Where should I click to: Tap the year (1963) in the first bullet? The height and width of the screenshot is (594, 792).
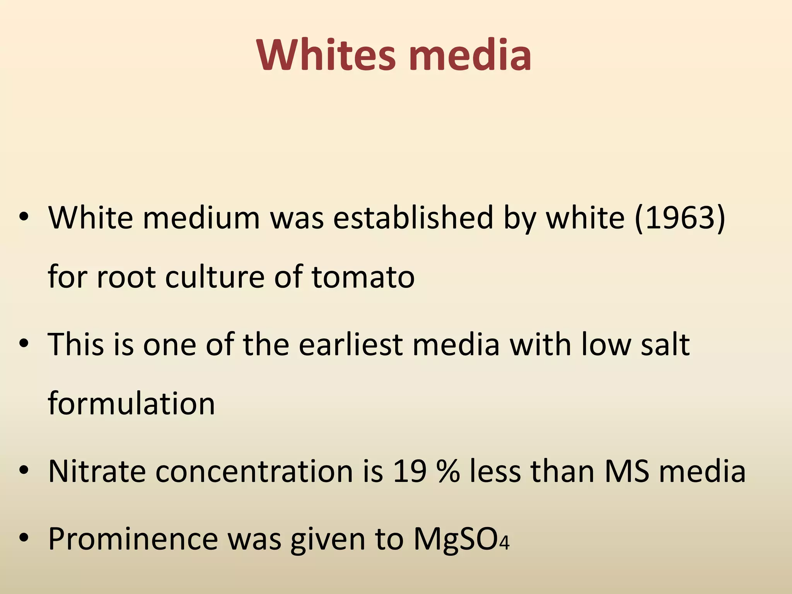[680, 218]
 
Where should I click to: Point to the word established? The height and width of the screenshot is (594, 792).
[413, 218]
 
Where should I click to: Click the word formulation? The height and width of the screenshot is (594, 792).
[131, 403]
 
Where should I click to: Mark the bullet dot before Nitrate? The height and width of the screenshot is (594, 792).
[24, 470]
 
